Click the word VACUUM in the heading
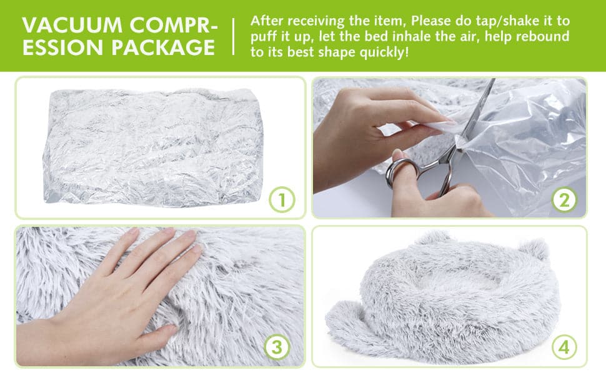(72, 25)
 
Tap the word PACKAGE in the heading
(163, 47)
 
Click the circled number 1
(282, 200)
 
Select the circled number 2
(564, 200)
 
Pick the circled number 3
(277, 347)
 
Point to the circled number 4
(564, 347)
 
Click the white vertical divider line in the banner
(234, 36)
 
